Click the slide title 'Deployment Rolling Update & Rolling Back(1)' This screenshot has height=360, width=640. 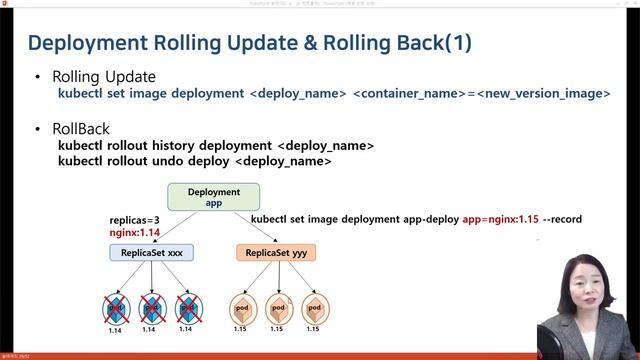pyautogui.click(x=249, y=43)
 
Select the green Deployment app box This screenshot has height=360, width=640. pyautogui.click(x=213, y=196)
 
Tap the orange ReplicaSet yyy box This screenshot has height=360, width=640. pyautogui.click(x=276, y=253)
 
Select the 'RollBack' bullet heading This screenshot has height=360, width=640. pyautogui.click(x=81, y=130)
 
